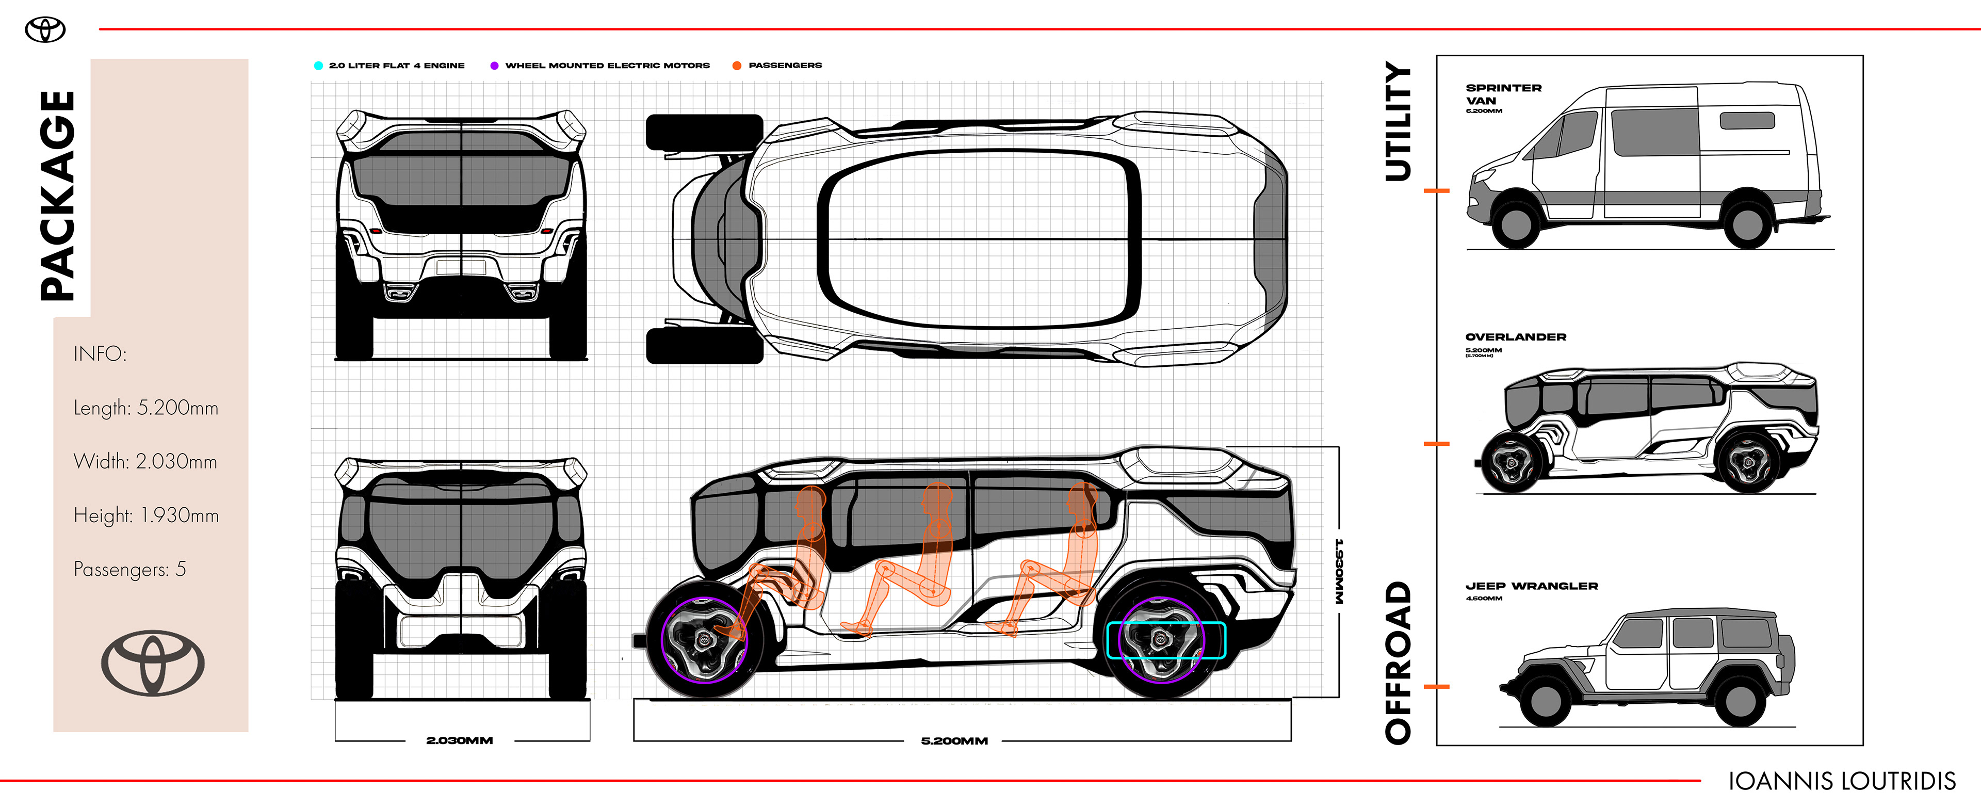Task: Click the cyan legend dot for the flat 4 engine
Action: pos(318,66)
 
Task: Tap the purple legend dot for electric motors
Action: pos(495,66)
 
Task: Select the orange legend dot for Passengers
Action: pos(737,66)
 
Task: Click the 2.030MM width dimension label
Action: pos(459,740)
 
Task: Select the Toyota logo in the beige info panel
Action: pos(153,663)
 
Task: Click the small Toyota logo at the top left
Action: pos(45,30)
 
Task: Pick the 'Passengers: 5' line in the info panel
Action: pos(129,569)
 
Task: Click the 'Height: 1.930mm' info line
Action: pos(146,515)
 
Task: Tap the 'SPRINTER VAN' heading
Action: pos(1503,94)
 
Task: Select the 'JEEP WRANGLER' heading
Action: pos(1531,586)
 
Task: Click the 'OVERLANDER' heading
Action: pos(1515,337)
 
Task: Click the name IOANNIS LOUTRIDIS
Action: pos(1841,782)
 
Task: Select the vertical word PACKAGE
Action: pos(58,196)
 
